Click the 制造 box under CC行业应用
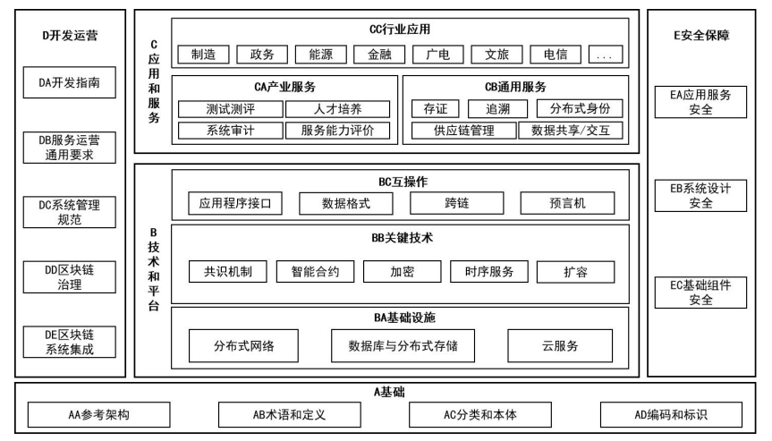point(203,54)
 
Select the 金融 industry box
point(379,54)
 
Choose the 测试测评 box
point(230,109)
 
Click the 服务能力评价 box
point(337,131)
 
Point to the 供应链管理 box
point(462,131)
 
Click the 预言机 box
point(567,203)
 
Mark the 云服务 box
point(559,346)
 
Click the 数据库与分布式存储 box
point(411,346)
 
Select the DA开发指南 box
point(69,85)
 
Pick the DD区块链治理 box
point(69,277)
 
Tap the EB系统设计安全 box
point(701,196)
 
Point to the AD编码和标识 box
point(670,415)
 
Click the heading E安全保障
point(701,37)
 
